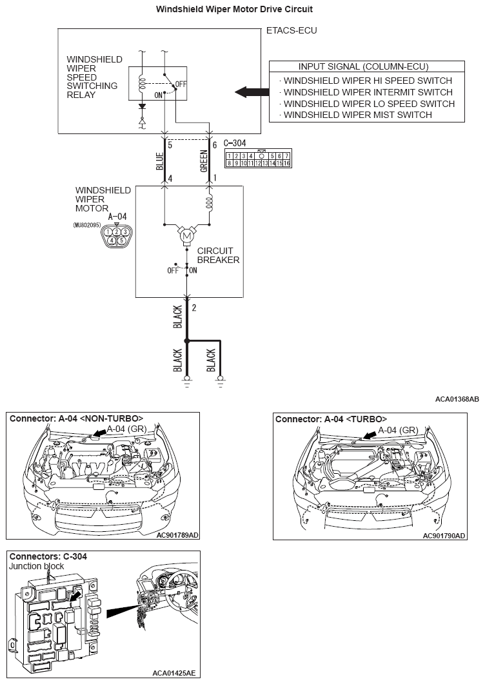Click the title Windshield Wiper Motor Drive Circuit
tap(243, 10)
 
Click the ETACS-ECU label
tap(292, 30)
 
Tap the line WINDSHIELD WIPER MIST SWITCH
tap(358, 115)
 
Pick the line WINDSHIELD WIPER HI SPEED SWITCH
tap(368, 81)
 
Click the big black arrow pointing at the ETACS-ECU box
tap(250, 92)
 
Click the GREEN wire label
tap(203, 161)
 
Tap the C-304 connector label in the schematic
tap(235, 143)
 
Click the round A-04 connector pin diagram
tap(117, 235)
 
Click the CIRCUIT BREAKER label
tap(218, 255)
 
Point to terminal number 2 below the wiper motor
tap(194, 308)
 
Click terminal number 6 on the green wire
tap(214, 145)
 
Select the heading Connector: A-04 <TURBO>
tap(331, 418)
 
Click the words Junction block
tap(36, 566)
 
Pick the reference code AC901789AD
tap(178, 534)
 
